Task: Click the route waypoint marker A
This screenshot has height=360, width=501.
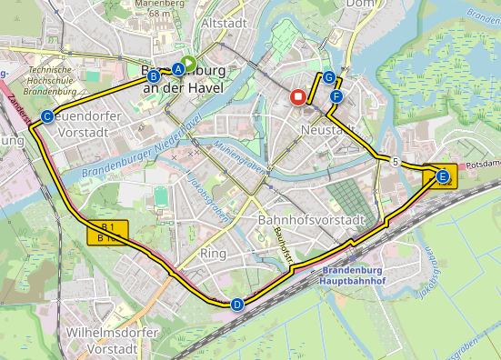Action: [178, 68]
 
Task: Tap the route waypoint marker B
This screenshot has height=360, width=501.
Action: [153, 77]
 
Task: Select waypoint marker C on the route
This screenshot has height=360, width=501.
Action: [46, 115]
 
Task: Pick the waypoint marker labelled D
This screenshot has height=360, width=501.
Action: [237, 305]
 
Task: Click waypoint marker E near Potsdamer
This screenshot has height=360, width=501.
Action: [442, 177]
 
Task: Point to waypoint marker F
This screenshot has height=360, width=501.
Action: [337, 96]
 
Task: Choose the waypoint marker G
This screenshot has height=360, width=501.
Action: [328, 77]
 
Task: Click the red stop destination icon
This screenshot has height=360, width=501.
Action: [297, 98]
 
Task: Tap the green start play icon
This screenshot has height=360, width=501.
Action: [188, 63]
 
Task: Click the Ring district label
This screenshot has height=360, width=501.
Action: [213, 253]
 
